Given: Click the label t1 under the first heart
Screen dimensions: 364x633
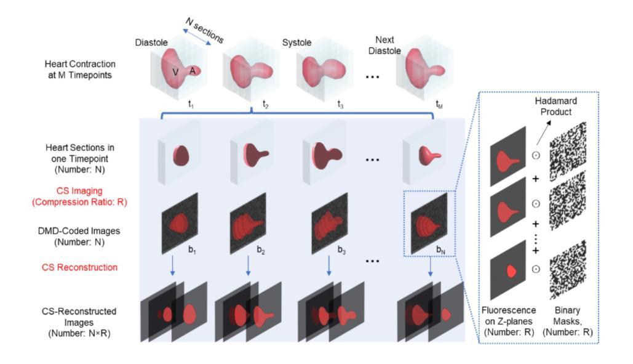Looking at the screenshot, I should [x=192, y=104].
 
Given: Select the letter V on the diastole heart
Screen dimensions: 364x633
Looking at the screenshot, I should [x=175, y=71].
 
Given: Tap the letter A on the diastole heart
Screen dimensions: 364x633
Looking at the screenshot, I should [x=192, y=70].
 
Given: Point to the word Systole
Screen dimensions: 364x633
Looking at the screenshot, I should [x=298, y=44].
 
